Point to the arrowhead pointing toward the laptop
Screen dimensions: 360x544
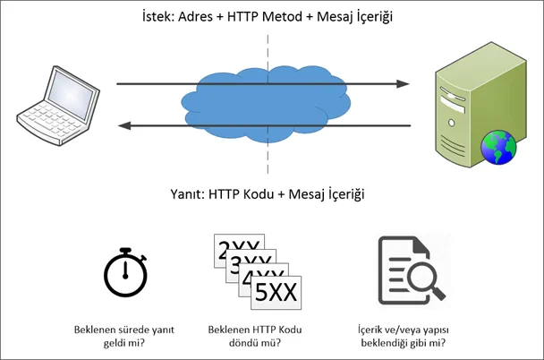[x=129, y=126]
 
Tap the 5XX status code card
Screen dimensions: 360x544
[x=271, y=291]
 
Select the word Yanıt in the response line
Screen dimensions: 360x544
[x=188, y=193]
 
